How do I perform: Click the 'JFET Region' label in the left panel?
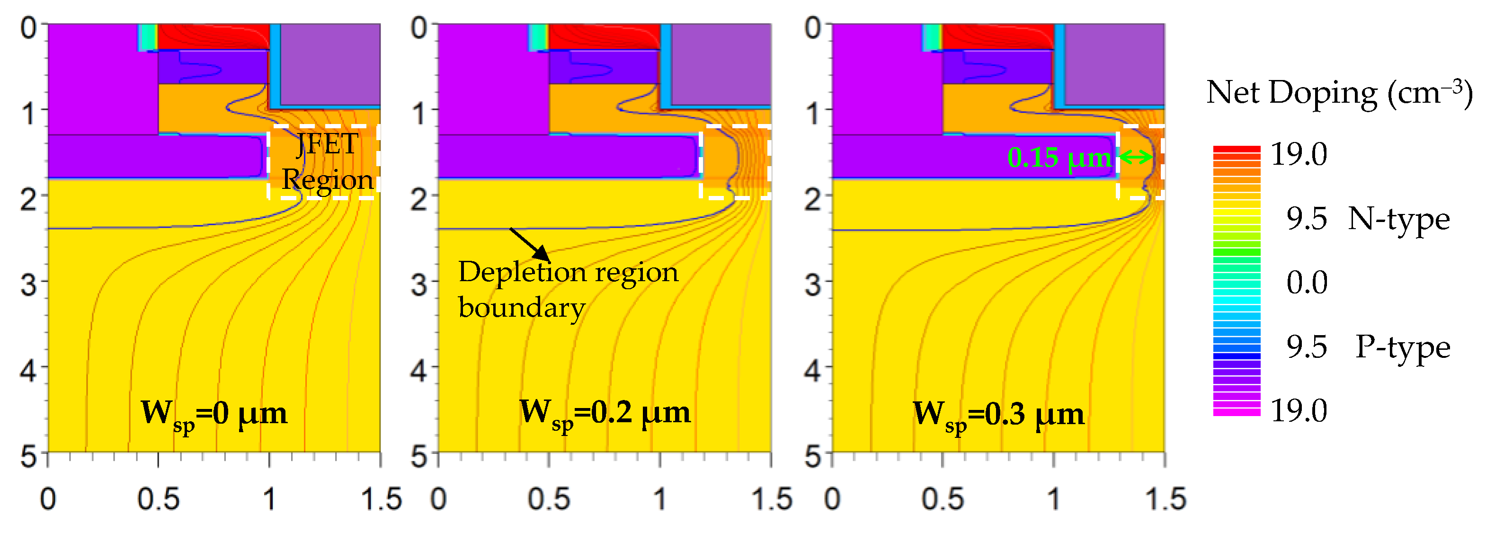point(327,162)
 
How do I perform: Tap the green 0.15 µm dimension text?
point(1059,158)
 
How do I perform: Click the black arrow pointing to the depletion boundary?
point(529,244)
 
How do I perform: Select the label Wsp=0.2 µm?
point(605,413)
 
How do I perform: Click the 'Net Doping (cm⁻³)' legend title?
point(1339,92)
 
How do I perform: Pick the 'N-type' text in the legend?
point(1398,219)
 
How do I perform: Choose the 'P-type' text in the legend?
point(1402,347)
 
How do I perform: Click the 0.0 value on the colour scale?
point(1307,283)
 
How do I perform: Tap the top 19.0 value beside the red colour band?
point(1299,155)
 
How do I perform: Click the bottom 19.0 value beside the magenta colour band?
point(1299,411)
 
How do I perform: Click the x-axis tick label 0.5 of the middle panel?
point(549,499)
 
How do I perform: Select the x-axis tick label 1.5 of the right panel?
point(1165,499)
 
